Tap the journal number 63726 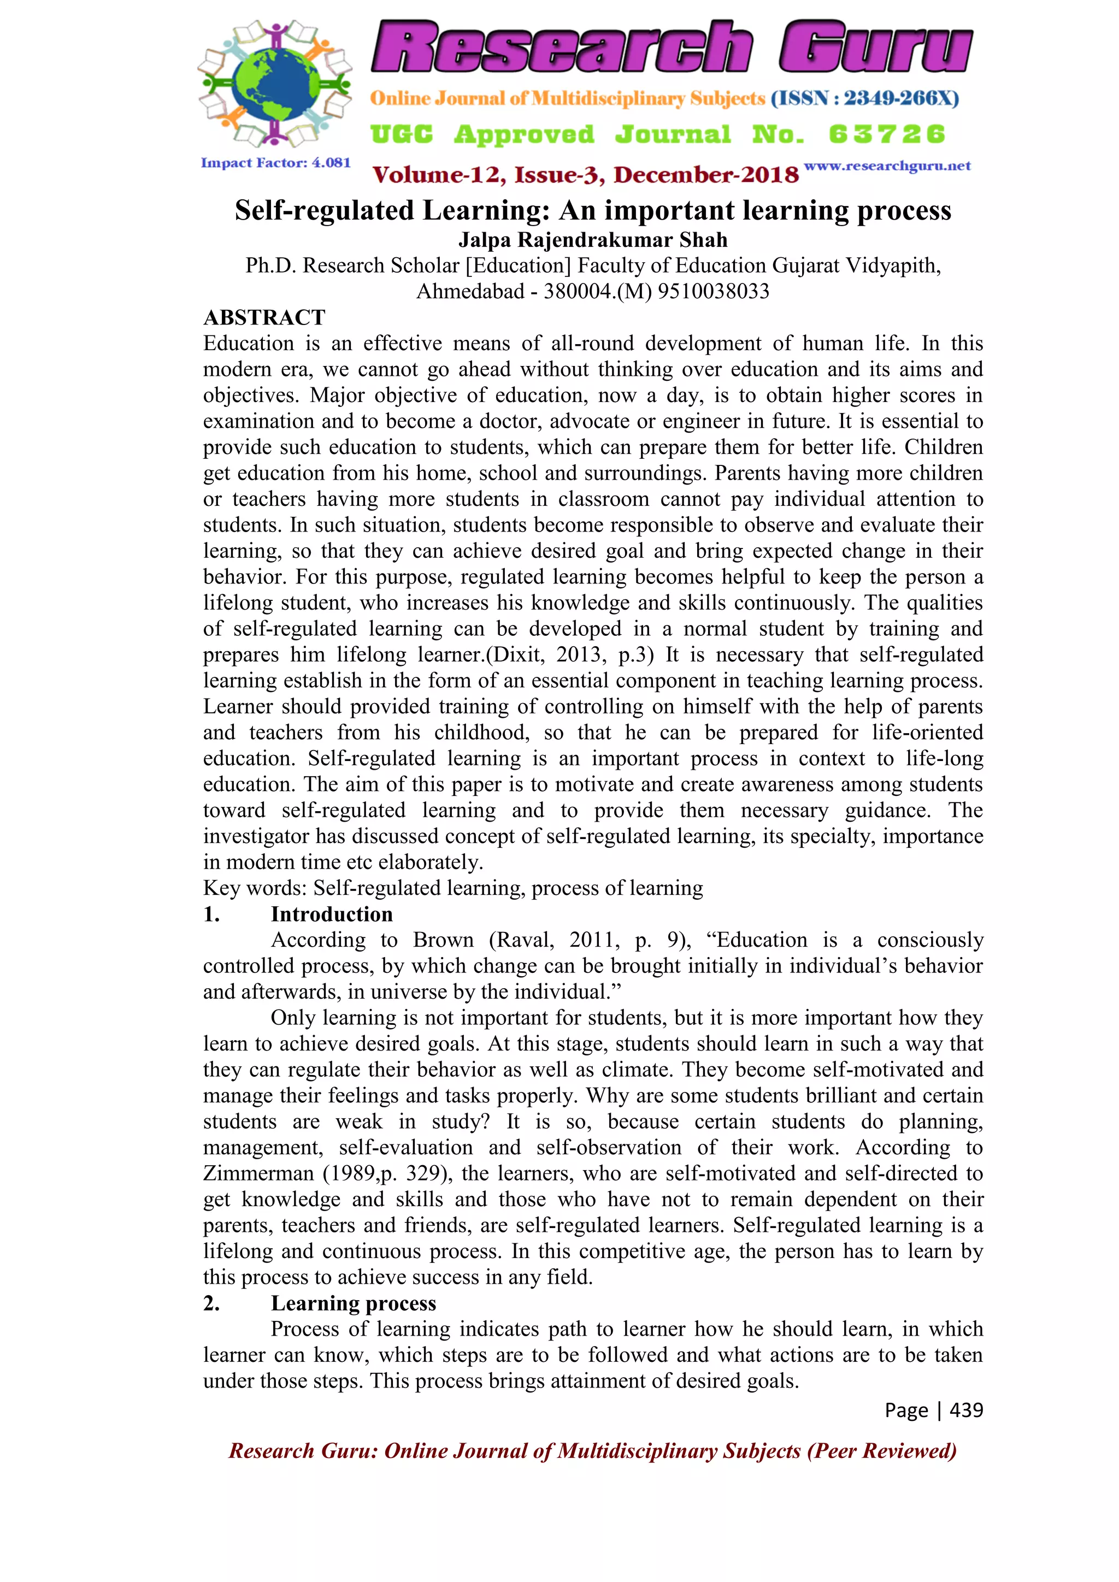pos(887,134)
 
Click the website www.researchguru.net pos(887,166)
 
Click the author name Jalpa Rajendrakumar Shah pos(593,240)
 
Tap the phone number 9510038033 pos(713,292)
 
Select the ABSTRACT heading pos(264,317)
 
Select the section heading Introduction pos(332,914)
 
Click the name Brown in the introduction pos(443,941)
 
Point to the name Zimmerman pos(258,1174)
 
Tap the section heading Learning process pos(354,1303)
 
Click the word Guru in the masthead pos(875,47)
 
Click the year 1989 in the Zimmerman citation pos(346,1174)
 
